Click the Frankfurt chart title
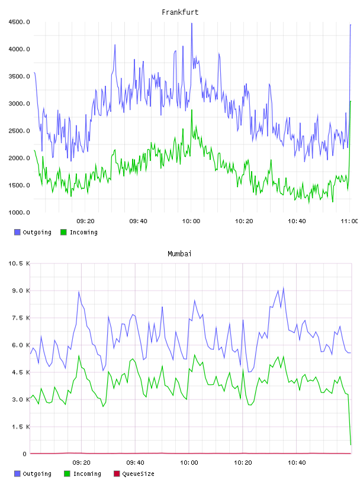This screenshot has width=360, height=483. click(x=180, y=12)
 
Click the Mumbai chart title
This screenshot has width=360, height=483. click(x=179, y=253)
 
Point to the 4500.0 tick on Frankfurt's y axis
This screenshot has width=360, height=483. click(x=19, y=22)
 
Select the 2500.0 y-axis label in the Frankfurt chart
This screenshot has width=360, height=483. click(x=19, y=131)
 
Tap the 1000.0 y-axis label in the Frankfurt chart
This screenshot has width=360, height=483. click(x=19, y=212)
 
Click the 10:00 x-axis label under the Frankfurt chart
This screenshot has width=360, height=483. click(x=191, y=221)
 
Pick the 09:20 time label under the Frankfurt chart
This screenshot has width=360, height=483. click(x=85, y=221)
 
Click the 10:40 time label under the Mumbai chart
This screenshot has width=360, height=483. click(x=297, y=462)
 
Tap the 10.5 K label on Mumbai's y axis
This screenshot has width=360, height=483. click(x=19, y=263)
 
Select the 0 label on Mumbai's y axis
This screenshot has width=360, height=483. click(x=25, y=454)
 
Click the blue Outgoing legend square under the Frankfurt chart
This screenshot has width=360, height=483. click(x=17, y=232)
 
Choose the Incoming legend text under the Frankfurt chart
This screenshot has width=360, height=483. click(x=83, y=232)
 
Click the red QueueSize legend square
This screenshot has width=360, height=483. click(x=117, y=474)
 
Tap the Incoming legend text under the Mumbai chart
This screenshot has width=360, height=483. click(x=87, y=474)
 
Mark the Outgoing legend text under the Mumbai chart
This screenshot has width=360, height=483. click(x=37, y=474)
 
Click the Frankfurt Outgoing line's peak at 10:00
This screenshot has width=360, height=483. click(x=192, y=24)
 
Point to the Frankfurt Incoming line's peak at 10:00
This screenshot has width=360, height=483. click(x=192, y=110)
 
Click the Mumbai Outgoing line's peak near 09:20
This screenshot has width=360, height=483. click(x=79, y=291)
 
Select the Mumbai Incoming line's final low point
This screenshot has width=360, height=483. click(x=351, y=445)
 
